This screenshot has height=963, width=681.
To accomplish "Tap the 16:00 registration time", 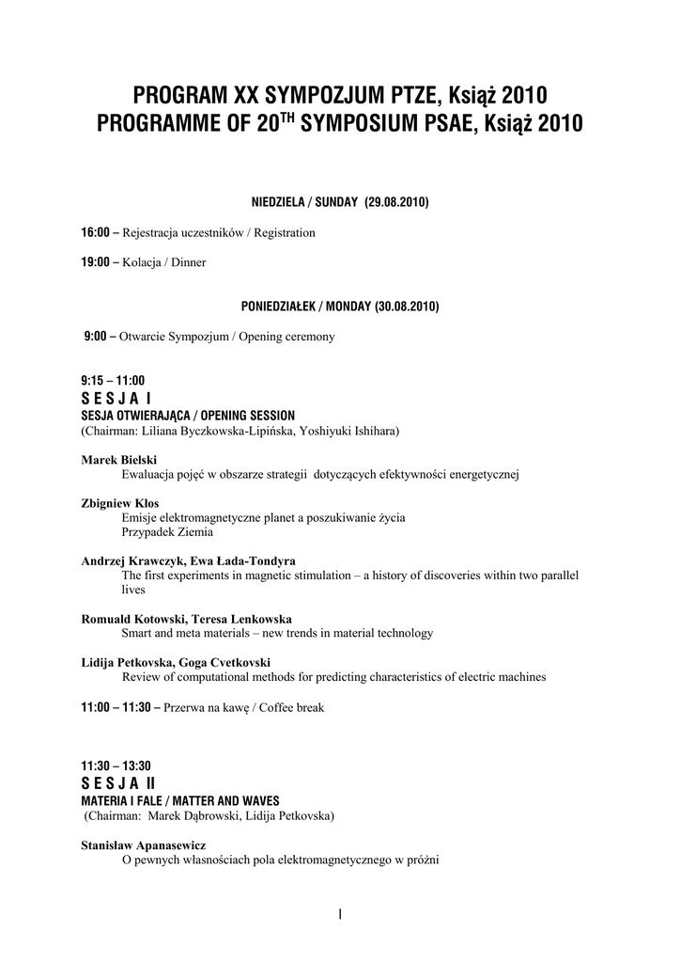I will (x=96, y=232).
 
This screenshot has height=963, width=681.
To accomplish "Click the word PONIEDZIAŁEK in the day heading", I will (x=277, y=307).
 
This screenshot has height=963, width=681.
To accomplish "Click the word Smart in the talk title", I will (x=138, y=633).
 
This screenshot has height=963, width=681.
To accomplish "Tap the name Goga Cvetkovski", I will (x=231, y=663).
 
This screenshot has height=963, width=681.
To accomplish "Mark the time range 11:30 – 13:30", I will (x=116, y=766).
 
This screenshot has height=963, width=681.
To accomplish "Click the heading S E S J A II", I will (x=118, y=782).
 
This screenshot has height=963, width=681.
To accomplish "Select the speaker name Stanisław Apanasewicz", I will (x=144, y=845).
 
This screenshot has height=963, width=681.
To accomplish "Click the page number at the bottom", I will (x=340, y=914).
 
